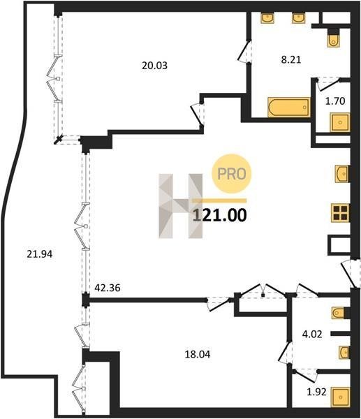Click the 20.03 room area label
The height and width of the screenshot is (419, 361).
(154, 66)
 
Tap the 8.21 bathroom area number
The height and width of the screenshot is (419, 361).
(291, 59)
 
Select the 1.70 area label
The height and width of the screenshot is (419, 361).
(335, 101)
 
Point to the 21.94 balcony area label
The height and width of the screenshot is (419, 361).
(40, 254)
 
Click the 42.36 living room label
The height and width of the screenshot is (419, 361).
(108, 288)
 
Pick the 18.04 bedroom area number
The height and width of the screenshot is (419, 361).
(198, 354)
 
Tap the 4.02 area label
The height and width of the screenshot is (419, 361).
(312, 334)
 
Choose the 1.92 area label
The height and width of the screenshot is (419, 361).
(316, 392)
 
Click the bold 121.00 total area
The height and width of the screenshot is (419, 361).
(220, 215)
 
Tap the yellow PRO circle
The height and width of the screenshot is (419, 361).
(232, 174)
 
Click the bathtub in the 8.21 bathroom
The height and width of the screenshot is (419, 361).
(289, 107)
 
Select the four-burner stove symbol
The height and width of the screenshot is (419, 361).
(340, 213)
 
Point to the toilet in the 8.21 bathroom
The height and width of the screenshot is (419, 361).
(333, 38)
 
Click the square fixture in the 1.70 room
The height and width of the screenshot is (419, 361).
(339, 122)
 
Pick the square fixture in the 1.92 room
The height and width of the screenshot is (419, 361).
(340, 397)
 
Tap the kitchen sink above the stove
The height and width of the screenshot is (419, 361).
(342, 174)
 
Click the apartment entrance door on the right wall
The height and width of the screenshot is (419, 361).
(350, 273)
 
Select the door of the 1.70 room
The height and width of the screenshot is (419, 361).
(327, 83)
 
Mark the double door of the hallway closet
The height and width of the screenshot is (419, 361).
(263, 291)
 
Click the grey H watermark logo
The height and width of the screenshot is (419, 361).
(181, 206)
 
